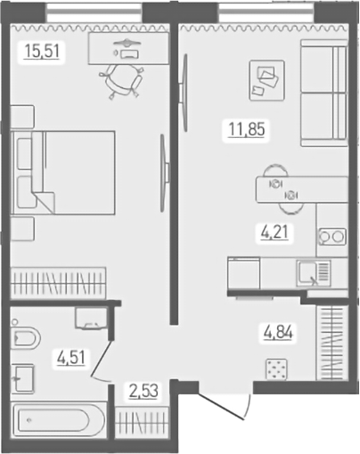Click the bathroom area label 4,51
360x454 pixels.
[x=71, y=360]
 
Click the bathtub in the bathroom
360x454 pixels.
[x=59, y=419]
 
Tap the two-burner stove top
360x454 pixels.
[x=331, y=237]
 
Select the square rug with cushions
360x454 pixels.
[x=266, y=79]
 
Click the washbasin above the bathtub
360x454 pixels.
[x=23, y=379]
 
